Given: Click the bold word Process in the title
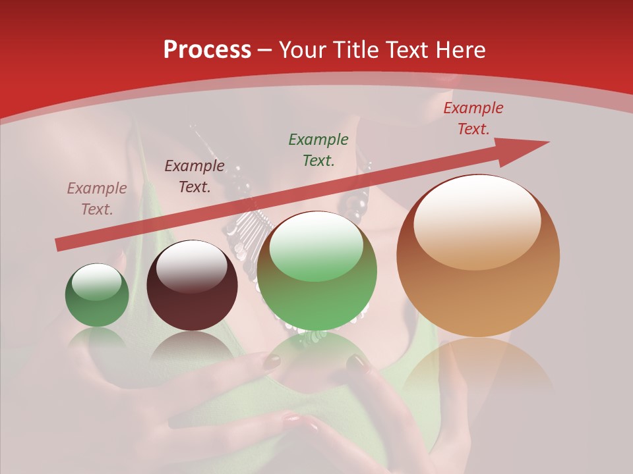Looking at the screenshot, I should (x=207, y=50).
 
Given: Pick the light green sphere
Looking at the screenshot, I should (x=317, y=271).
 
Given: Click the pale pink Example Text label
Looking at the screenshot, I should (x=97, y=199).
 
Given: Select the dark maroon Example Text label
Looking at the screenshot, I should (x=195, y=176).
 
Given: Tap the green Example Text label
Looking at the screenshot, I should (x=318, y=150).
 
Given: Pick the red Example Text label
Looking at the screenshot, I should (x=473, y=118).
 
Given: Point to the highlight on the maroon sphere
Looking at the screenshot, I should (x=192, y=267).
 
